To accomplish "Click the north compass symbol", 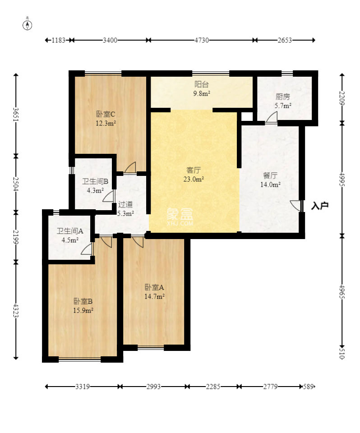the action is (x=28, y=25).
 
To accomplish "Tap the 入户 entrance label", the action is (x=320, y=206).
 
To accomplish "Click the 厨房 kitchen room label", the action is (x=283, y=97).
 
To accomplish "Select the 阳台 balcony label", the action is (x=201, y=84).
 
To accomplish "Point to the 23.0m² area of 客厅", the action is (x=194, y=179).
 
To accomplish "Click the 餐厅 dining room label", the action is (x=270, y=175).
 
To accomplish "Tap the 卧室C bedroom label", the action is (x=106, y=114).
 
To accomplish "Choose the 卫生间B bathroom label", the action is (x=95, y=181).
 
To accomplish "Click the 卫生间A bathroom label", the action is (x=70, y=231).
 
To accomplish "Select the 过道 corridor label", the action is (x=125, y=204).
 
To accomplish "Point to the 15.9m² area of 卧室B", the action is (x=83, y=310).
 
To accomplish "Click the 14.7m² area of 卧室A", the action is (x=154, y=297).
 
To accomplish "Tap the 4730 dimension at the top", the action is (x=201, y=40).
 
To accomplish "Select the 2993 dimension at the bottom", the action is (x=153, y=387).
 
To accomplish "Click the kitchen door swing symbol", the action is (x=272, y=117).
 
